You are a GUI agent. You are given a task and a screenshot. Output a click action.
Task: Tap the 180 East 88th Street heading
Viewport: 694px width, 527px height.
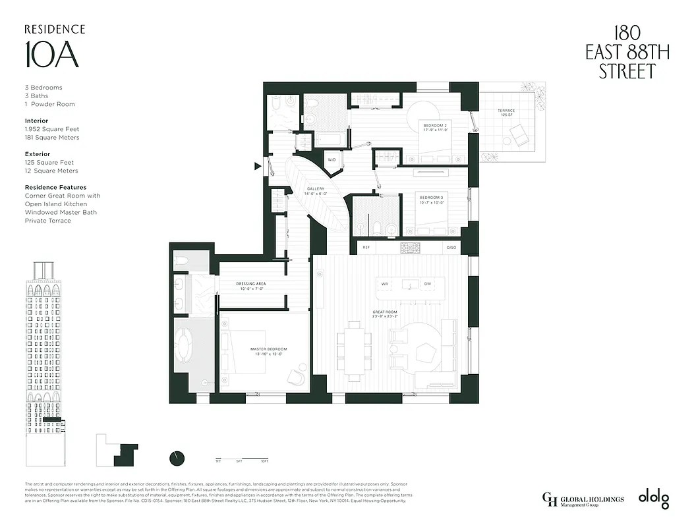tap(627, 53)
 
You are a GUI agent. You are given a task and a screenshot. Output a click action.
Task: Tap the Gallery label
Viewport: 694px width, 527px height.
tap(316, 191)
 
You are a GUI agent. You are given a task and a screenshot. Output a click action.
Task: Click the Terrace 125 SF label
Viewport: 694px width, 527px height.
tap(506, 113)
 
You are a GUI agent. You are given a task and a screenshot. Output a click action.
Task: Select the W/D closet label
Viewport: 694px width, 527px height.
tap(331, 160)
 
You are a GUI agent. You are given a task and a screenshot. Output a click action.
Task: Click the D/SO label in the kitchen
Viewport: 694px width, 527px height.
tap(451, 248)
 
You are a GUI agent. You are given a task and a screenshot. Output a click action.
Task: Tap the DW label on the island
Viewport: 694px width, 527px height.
tap(427, 284)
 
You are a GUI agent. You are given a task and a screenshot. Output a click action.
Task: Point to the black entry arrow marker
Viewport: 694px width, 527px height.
tap(258, 167)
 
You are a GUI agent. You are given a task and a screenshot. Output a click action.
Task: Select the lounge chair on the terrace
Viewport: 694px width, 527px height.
tap(517, 138)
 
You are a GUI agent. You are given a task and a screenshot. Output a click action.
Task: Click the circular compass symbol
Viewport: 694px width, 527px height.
tap(177, 458)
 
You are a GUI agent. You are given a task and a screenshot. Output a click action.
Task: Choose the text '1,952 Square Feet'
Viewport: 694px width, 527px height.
tap(52, 130)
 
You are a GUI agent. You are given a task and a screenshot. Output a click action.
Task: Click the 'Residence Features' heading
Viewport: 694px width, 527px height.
tap(55, 188)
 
